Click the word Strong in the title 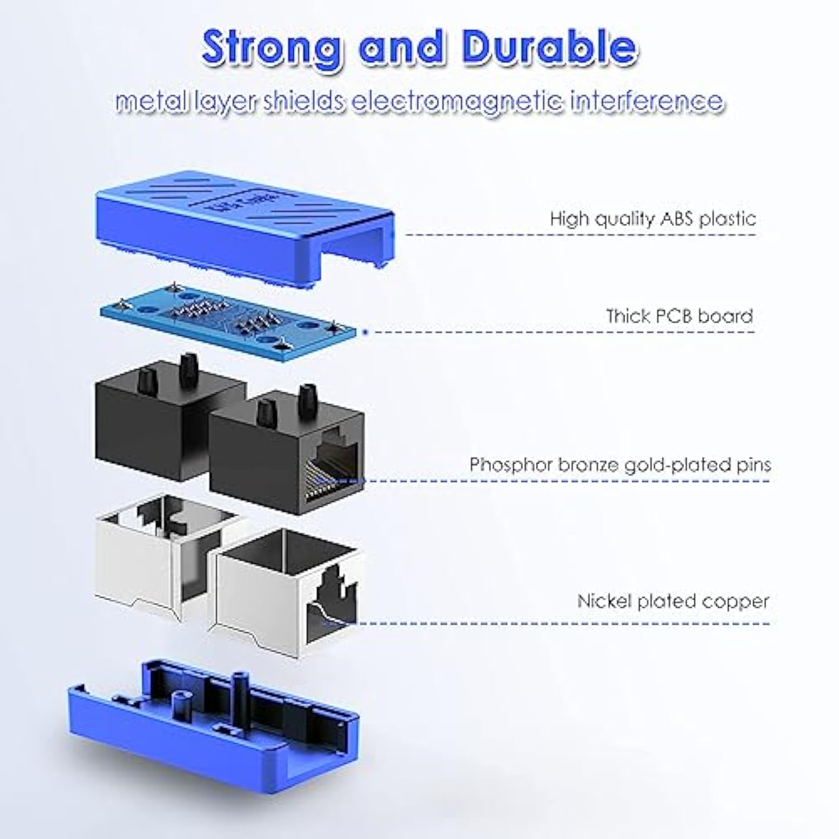272,48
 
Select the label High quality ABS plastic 652,218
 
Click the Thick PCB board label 679,316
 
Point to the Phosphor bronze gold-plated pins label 620,465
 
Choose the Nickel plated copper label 673,601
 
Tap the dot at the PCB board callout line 365,332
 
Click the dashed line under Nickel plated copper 559,623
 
